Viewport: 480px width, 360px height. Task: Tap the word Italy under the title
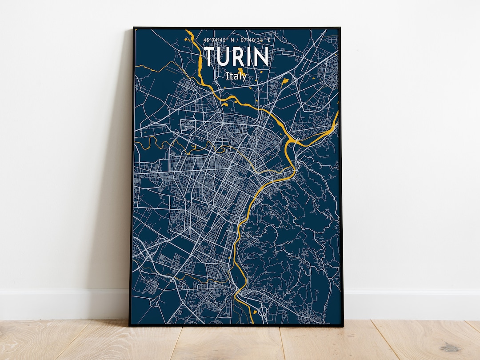coord(236,76)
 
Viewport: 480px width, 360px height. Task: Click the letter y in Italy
coord(244,77)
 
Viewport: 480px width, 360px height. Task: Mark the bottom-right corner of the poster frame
coord(343,326)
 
